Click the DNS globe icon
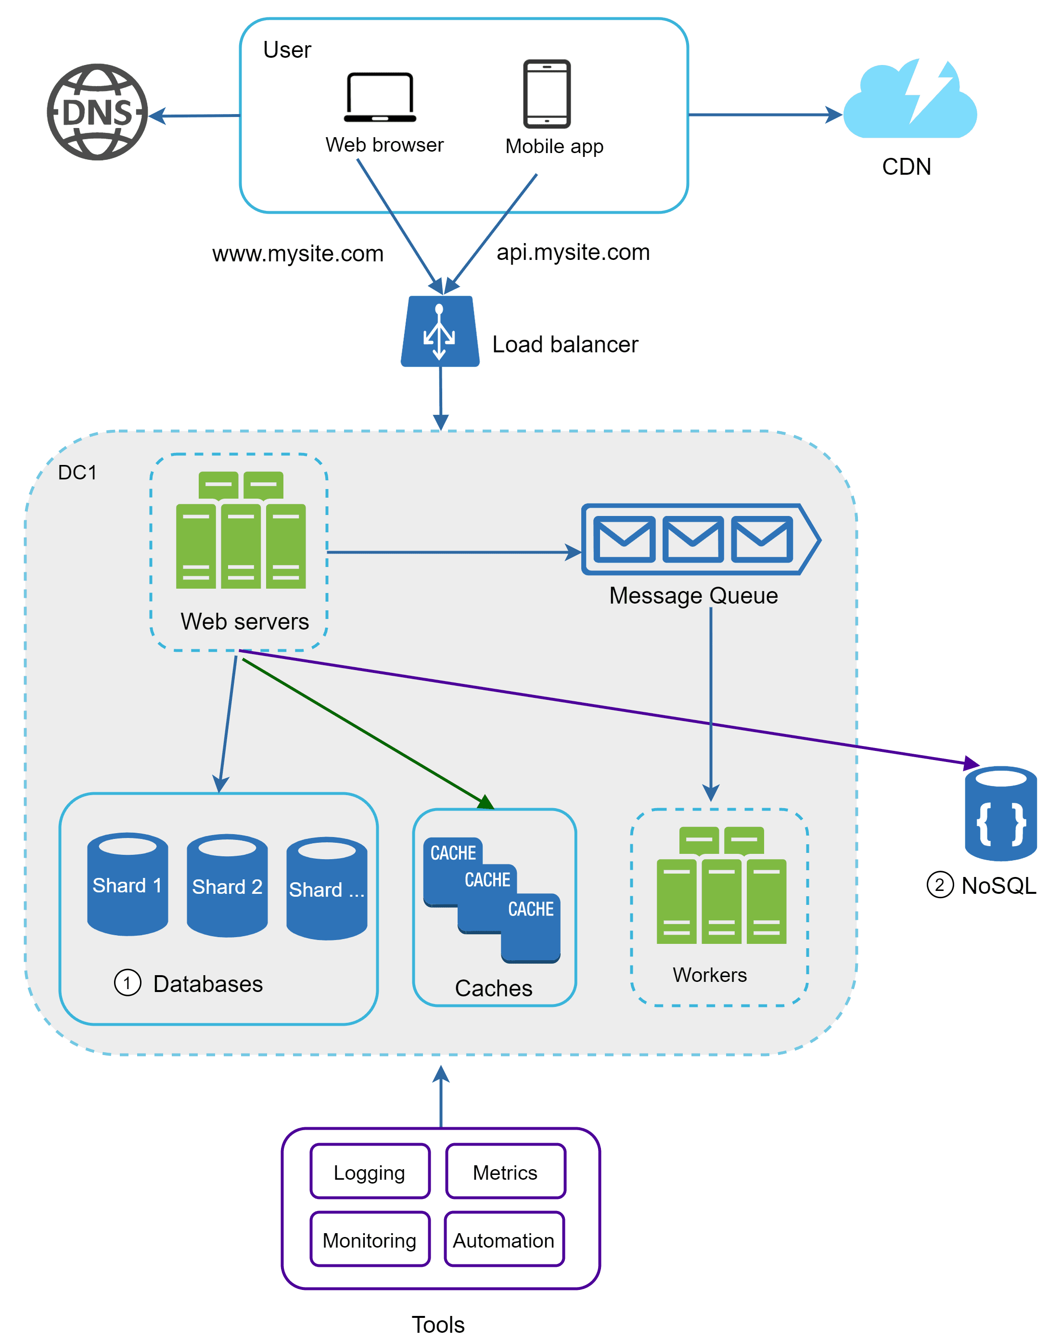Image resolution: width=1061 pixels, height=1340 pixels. (x=98, y=113)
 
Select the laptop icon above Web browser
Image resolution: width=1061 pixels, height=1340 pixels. (x=380, y=98)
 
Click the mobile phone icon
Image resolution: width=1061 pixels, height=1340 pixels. (x=546, y=94)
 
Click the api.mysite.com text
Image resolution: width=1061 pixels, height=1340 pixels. (x=573, y=252)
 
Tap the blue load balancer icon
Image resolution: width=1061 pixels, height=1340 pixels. (x=440, y=332)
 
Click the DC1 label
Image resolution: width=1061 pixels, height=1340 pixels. (x=77, y=473)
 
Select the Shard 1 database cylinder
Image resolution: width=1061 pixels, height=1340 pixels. (x=128, y=884)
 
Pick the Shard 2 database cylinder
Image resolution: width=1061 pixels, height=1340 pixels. (x=227, y=885)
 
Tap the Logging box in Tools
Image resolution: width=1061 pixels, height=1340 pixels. (x=370, y=1171)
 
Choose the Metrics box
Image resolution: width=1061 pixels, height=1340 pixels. (x=505, y=1171)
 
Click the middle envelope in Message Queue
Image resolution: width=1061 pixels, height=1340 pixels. (x=692, y=539)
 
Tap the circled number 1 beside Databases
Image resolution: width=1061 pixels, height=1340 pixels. (x=128, y=983)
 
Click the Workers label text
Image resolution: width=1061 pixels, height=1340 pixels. (x=709, y=974)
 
